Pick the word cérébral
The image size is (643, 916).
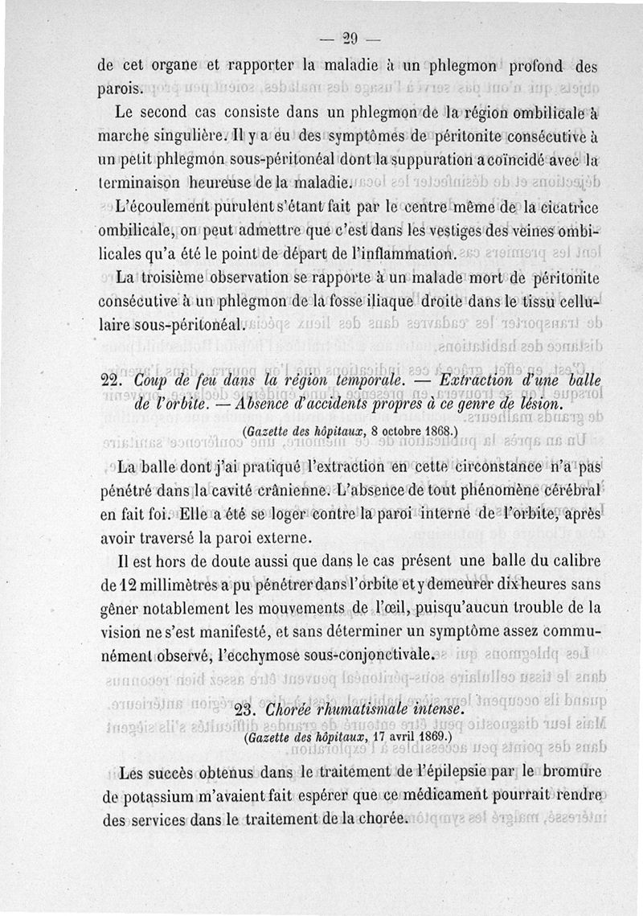tap(562, 489)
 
